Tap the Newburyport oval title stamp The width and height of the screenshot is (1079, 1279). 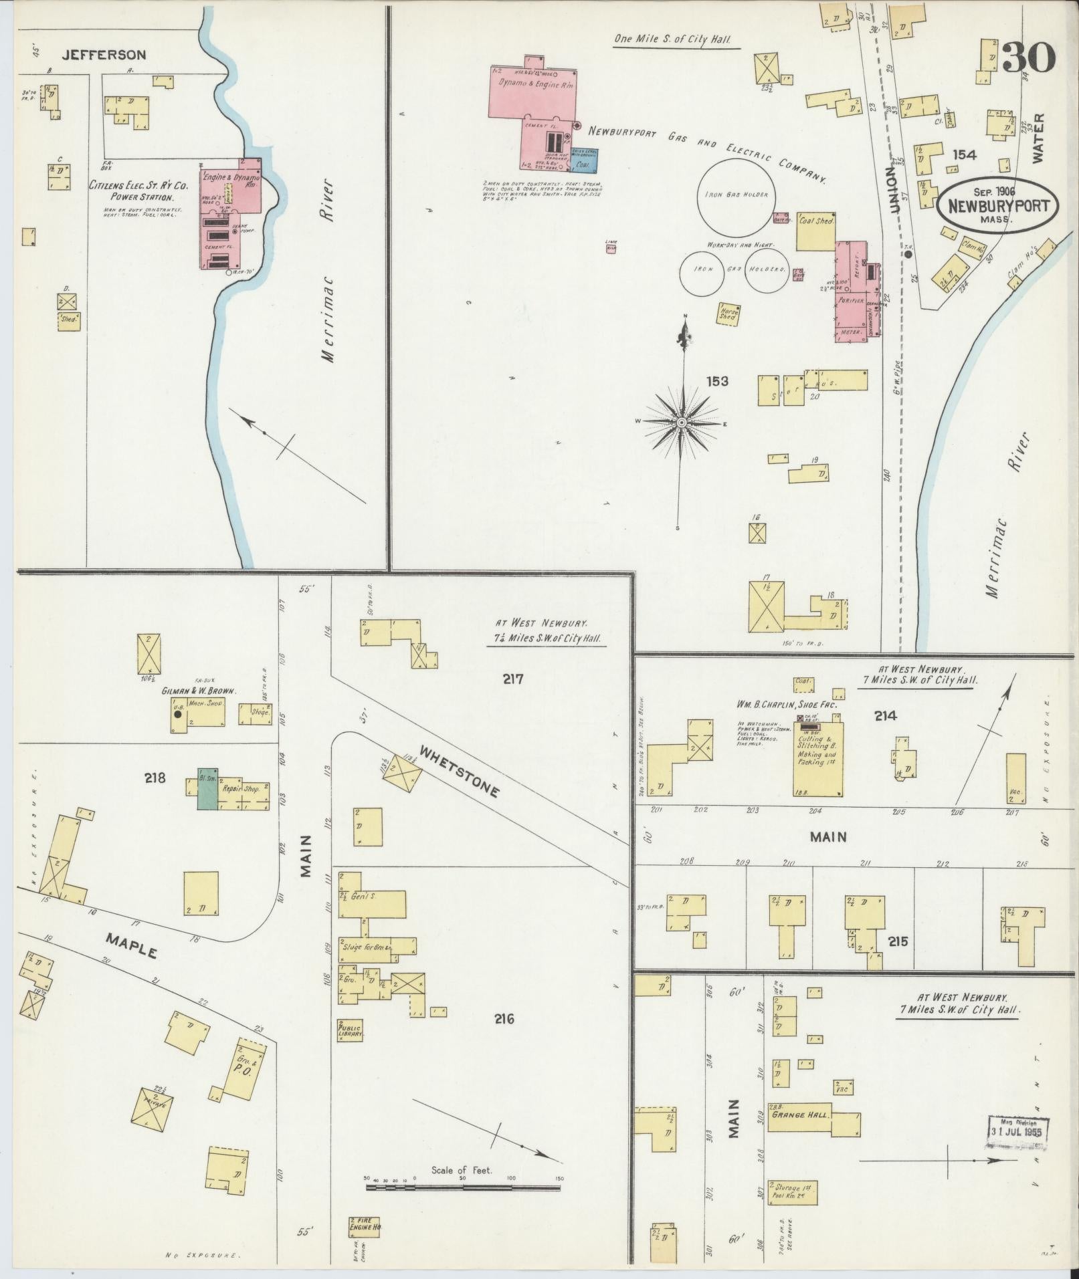click(x=997, y=205)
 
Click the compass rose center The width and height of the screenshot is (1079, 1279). click(x=682, y=423)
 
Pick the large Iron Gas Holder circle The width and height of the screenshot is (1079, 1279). click(x=737, y=195)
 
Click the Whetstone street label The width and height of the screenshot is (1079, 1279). click(x=458, y=773)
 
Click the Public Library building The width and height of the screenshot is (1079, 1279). click(x=351, y=1030)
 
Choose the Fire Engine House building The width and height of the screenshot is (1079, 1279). click(x=365, y=1226)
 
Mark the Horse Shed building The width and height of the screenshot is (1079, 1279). click(x=728, y=313)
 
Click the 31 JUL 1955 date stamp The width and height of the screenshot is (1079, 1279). click(x=1018, y=1132)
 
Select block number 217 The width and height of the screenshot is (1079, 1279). click(x=513, y=679)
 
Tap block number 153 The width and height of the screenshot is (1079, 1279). click(x=717, y=381)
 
